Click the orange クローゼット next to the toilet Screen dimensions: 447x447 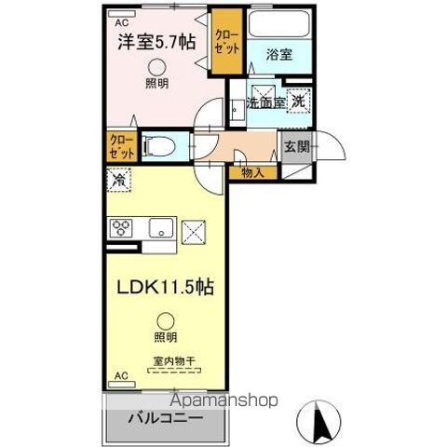(119, 145)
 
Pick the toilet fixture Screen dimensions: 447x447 (157, 146)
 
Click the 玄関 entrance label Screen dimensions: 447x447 (296, 146)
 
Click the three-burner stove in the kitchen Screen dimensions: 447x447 (123, 228)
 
